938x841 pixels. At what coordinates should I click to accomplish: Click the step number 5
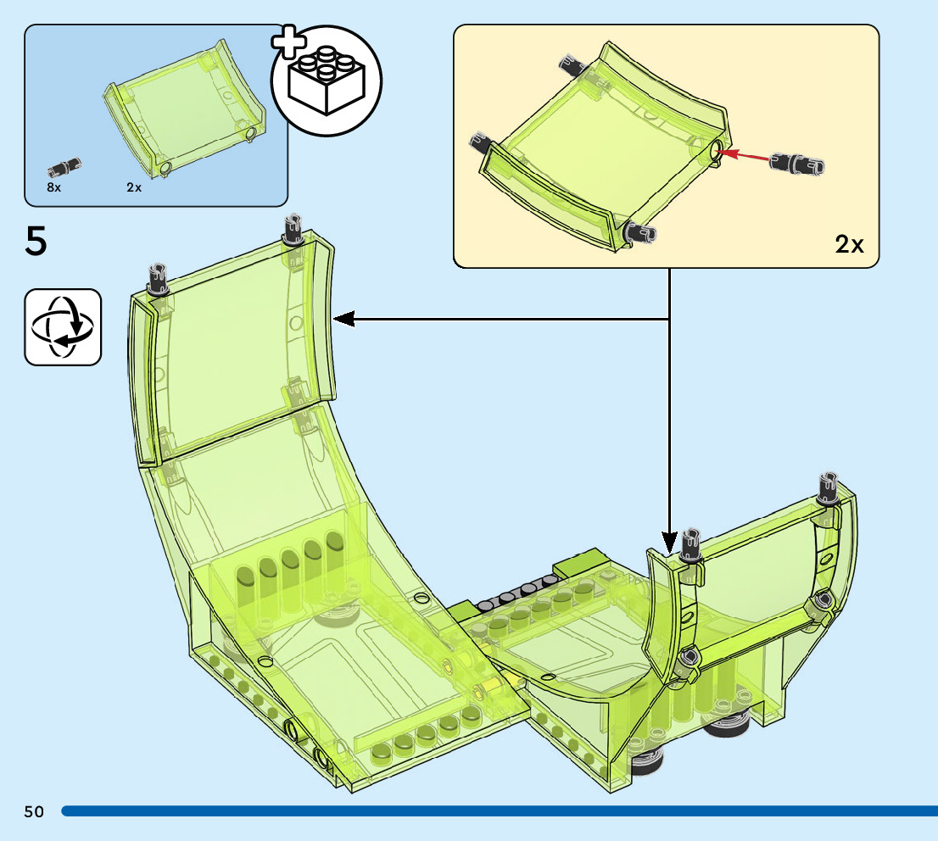pos(36,242)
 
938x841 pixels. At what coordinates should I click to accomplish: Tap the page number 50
pos(34,811)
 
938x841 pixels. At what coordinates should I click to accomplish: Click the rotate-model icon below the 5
pos(63,327)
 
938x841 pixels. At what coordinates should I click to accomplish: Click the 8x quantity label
pos(54,187)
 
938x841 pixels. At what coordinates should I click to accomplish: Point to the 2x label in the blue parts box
pos(134,187)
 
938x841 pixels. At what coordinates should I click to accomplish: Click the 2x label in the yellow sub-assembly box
pos(849,245)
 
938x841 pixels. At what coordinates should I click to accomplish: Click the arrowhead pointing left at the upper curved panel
pos(343,319)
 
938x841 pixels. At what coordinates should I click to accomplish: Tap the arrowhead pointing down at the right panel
pos(670,541)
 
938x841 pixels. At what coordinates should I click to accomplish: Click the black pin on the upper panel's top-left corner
pos(158,278)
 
